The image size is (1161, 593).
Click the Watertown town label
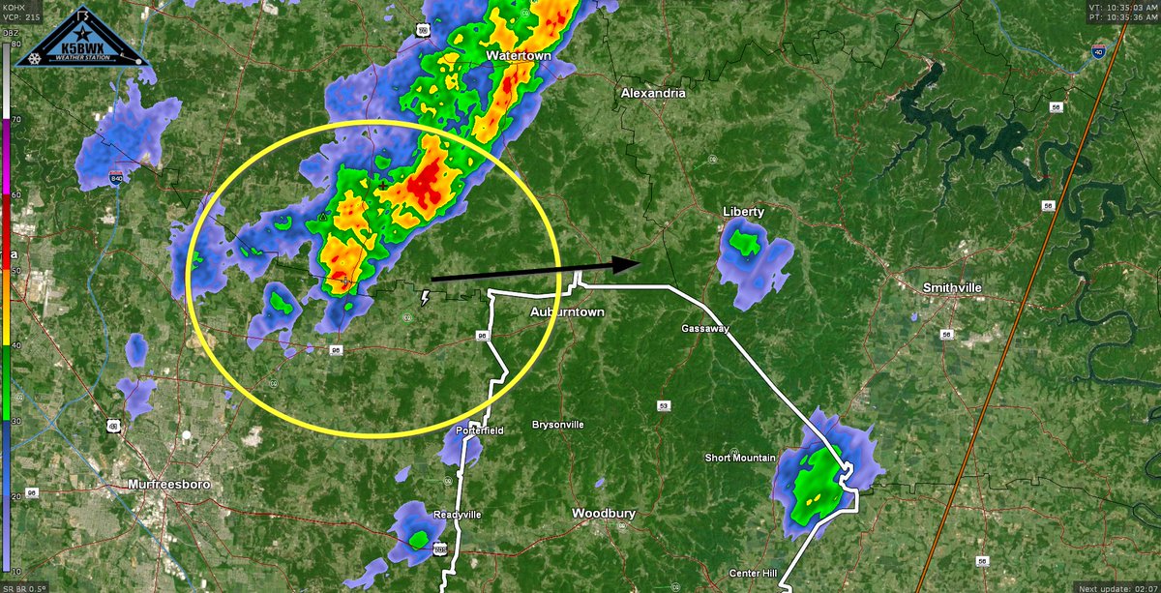(519, 57)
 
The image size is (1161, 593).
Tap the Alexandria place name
(653, 94)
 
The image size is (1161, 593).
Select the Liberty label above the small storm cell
(743, 212)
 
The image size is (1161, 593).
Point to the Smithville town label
(952, 288)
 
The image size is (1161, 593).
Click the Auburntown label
(567, 313)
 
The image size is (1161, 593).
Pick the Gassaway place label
(703, 329)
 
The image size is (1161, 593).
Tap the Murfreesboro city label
(169, 485)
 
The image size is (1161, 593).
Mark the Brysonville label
(558, 426)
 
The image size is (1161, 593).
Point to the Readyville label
(457, 515)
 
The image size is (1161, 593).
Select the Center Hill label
(755, 574)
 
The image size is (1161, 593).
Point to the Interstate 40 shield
(1098, 54)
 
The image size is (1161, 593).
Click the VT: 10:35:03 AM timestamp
(1121, 6)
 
